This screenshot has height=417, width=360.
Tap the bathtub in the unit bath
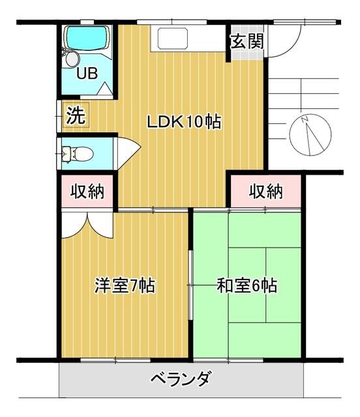[x=87, y=39]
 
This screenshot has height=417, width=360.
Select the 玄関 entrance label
[x=247, y=42]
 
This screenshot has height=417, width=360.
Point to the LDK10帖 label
[x=183, y=122]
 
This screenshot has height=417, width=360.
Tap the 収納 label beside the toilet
[x=87, y=192]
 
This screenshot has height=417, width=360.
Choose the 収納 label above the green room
[x=266, y=192]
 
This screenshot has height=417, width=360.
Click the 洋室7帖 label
[x=125, y=285]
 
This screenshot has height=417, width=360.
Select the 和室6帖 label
[x=247, y=285]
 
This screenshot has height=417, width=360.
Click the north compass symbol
[x=310, y=134]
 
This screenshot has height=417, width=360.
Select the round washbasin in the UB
[x=71, y=59]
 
